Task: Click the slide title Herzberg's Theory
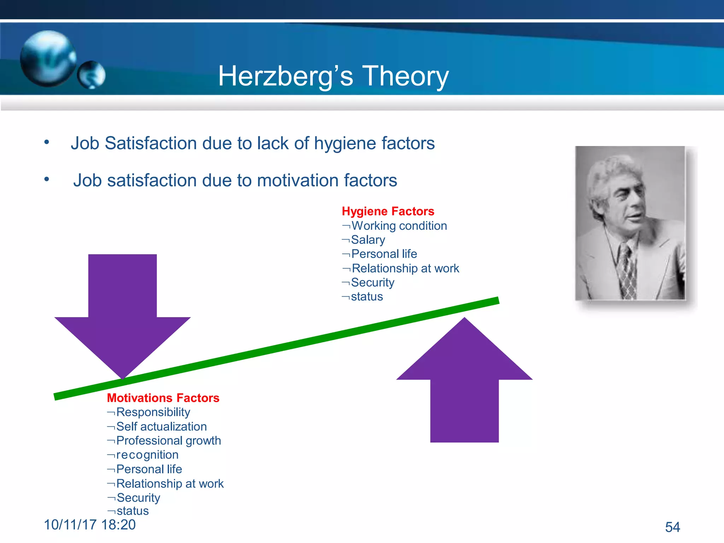click(333, 76)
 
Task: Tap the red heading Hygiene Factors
click(388, 211)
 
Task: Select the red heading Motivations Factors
click(163, 398)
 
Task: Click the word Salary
click(368, 240)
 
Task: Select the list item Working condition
click(399, 226)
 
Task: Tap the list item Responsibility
click(153, 412)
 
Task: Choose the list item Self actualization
click(161, 426)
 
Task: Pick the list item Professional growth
click(168, 440)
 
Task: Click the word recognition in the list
click(147, 455)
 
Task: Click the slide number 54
click(672, 527)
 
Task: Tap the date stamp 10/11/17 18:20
click(90, 525)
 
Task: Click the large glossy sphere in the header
click(48, 58)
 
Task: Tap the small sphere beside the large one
click(92, 75)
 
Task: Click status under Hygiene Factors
click(367, 296)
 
